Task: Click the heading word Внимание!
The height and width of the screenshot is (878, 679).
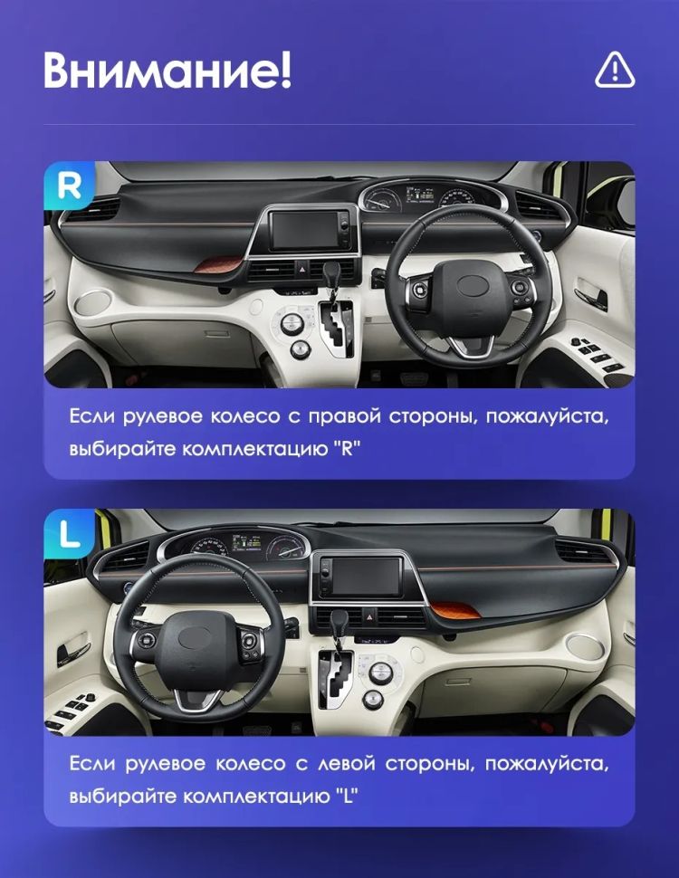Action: click(x=167, y=71)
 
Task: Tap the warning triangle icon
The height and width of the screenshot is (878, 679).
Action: click(x=615, y=69)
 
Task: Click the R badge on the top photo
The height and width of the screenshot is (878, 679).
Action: click(x=70, y=186)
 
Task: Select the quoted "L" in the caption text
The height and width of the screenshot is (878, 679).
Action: click(x=344, y=797)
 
